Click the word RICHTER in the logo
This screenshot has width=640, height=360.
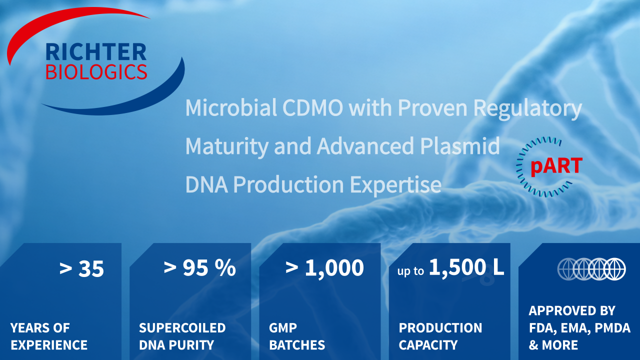96,52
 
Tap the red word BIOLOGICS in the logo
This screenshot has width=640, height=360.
96,71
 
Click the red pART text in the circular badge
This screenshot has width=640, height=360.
556,166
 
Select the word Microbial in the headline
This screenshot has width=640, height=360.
231,107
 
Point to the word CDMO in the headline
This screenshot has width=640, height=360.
312,107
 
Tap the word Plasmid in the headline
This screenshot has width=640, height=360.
460,146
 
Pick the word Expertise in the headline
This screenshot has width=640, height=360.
395,185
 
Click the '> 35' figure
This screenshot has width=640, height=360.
81,268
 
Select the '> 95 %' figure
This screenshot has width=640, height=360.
200,268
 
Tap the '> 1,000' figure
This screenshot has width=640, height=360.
324,268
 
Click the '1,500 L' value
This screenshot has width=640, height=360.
466,267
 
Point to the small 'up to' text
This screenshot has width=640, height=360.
410,271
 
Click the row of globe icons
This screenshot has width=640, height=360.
591,269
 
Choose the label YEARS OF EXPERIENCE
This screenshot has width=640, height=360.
49,336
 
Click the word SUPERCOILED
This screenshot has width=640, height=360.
182,328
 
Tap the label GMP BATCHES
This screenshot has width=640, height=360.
297,336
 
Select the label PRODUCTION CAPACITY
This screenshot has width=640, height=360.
440,336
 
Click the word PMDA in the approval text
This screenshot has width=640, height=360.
612,328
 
